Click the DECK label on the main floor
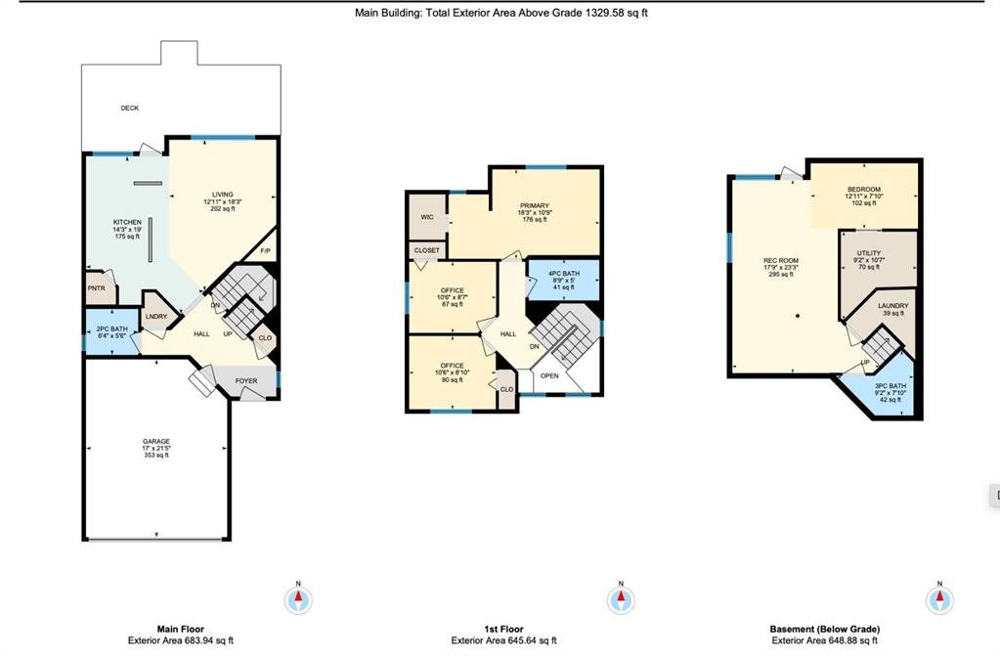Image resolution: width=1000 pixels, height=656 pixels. click(x=129, y=108)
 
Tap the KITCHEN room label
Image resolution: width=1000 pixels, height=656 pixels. click(x=127, y=222)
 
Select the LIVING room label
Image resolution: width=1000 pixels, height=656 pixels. click(x=223, y=195)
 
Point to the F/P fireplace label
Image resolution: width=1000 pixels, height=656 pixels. click(x=266, y=251)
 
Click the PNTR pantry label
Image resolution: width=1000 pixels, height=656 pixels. click(x=97, y=288)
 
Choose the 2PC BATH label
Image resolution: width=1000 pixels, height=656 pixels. click(x=112, y=329)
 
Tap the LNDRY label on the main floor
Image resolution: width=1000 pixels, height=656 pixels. click(x=156, y=317)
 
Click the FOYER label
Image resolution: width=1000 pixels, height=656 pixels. click(x=246, y=381)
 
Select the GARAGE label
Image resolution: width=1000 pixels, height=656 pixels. click(x=156, y=442)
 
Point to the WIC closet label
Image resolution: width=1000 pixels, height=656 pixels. click(x=427, y=217)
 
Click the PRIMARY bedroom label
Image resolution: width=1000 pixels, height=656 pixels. click(x=535, y=205)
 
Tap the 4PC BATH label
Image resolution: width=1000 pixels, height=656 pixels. click(x=564, y=274)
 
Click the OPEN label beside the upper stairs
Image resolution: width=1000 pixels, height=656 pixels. click(x=549, y=375)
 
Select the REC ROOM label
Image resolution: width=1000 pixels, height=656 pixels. click(x=781, y=260)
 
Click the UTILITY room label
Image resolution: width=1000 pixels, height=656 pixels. click(x=869, y=253)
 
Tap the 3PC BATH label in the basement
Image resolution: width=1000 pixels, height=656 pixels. click(x=891, y=386)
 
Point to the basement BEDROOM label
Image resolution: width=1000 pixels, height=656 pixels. click(x=864, y=190)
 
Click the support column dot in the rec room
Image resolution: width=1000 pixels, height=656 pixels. click(x=798, y=316)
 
